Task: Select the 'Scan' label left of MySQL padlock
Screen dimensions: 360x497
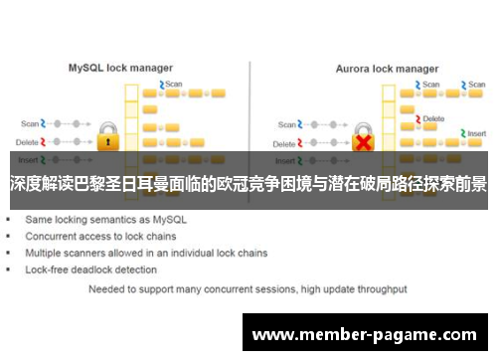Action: (x=29, y=124)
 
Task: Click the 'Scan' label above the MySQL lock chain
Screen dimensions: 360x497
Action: (x=174, y=84)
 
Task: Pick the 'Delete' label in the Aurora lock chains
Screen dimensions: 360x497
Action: (x=433, y=118)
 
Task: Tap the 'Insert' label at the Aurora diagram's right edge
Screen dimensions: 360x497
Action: (x=476, y=132)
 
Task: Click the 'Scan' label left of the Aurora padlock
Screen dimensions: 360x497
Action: (x=287, y=124)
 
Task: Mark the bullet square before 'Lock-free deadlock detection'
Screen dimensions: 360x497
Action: (x=10, y=270)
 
